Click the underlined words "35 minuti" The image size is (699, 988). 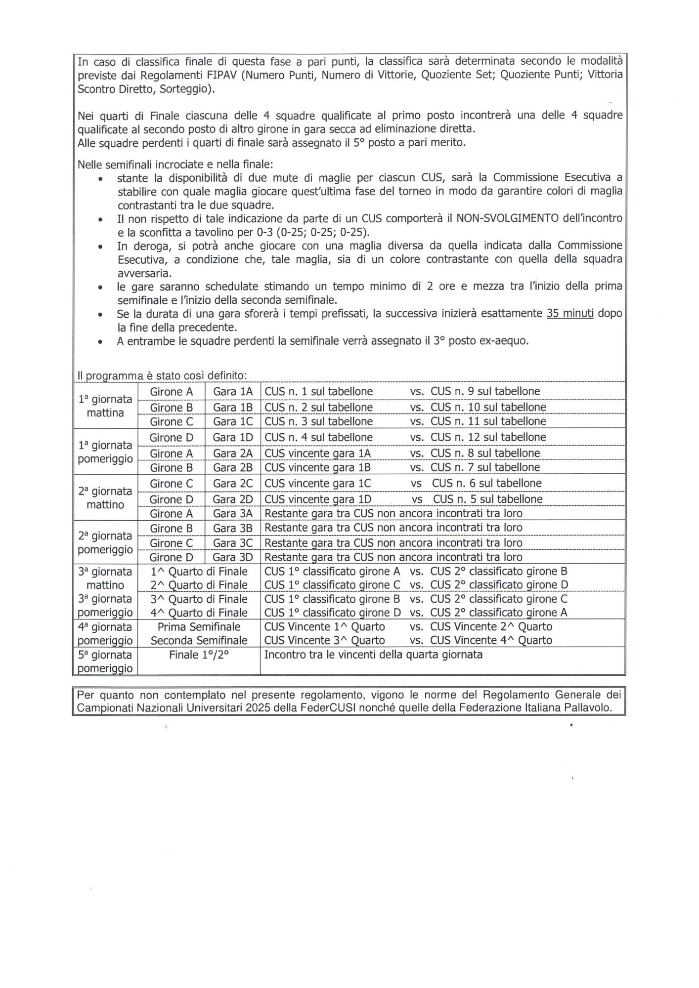pos(569,313)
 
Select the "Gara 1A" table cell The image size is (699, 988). pos(233,391)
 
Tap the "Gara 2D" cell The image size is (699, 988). pos(233,499)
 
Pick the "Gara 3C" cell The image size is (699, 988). pos(233,543)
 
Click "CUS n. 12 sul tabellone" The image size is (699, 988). pos(488,437)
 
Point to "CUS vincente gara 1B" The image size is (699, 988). pos(318,467)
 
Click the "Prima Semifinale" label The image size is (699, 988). pos(199,627)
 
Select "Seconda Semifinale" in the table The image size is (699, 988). pos(199,641)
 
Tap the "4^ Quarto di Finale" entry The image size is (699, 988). pos(199,613)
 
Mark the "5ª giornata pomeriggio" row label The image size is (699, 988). pos(105,661)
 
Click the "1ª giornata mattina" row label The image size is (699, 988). pos(105,406)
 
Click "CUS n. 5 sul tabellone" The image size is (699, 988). pos(487,499)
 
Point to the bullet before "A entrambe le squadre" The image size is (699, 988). pos(101,342)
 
